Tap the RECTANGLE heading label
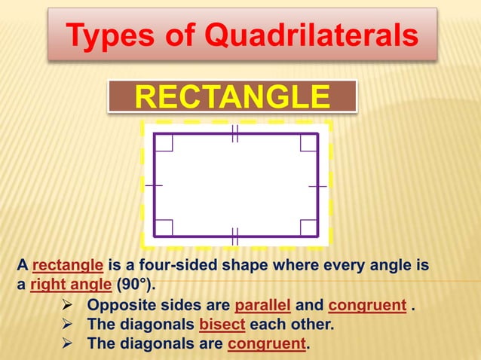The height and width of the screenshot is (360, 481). [231, 97]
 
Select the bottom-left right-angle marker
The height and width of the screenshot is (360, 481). [164, 227]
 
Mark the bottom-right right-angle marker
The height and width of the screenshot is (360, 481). [308, 227]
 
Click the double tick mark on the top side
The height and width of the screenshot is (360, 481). [234, 134]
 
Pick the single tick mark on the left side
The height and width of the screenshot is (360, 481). [154, 185]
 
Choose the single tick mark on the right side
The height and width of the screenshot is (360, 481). [317, 185]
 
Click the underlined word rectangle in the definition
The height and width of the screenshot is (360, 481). [68, 266]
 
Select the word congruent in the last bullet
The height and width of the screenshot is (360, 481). [268, 344]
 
